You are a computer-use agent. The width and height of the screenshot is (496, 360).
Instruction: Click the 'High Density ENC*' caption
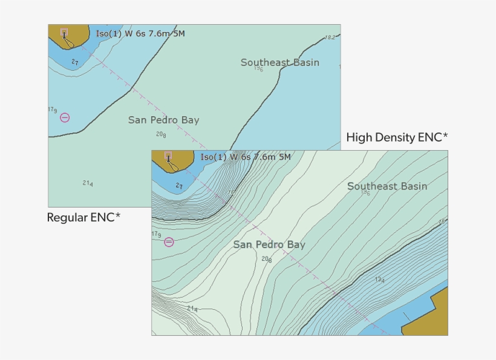pyautogui.click(x=397, y=138)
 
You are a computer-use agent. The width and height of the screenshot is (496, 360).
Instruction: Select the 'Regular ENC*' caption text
pyautogui.click(x=83, y=218)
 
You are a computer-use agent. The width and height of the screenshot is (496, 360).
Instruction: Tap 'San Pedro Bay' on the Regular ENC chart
pyautogui.click(x=163, y=120)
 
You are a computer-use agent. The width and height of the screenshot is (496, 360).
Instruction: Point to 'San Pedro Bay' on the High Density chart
pyautogui.click(x=269, y=245)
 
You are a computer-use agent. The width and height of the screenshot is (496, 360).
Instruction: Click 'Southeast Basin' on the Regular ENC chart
pyautogui.click(x=279, y=62)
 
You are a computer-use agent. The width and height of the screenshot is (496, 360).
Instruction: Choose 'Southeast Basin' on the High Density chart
pyautogui.click(x=387, y=186)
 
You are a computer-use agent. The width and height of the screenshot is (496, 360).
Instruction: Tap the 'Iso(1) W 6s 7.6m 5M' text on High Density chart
pyautogui.click(x=246, y=157)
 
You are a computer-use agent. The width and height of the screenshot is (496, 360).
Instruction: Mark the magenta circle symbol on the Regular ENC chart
pyautogui.click(x=65, y=117)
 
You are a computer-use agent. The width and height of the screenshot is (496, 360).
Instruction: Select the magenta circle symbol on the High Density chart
pyautogui.click(x=169, y=242)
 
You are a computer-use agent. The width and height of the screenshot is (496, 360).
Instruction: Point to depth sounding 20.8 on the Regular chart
pyautogui.click(x=161, y=134)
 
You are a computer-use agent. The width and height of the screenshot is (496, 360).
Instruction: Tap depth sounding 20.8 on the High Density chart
pyautogui.click(x=266, y=259)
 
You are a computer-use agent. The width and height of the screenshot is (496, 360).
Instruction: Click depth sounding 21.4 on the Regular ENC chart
pyautogui.click(x=88, y=183)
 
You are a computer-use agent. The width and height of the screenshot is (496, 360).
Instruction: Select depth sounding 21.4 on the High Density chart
pyautogui.click(x=192, y=309)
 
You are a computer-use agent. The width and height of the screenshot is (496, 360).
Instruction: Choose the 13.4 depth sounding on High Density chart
pyautogui.click(x=379, y=280)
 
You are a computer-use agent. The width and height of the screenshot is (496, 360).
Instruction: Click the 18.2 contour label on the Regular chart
pyautogui.click(x=330, y=38)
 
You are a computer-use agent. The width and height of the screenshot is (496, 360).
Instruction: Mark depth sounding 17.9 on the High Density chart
pyautogui.click(x=156, y=234)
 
